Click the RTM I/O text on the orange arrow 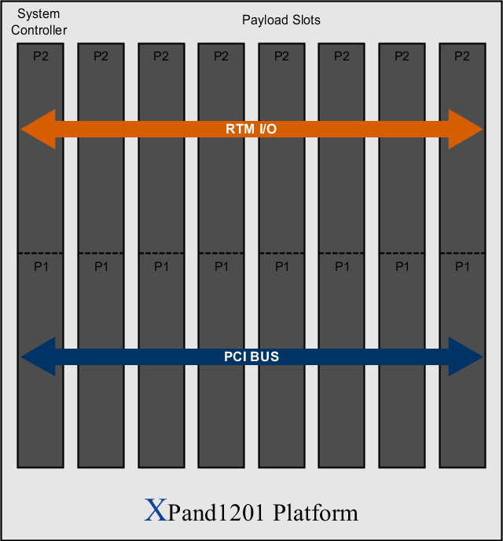tap(251, 129)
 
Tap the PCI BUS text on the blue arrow tap(251, 356)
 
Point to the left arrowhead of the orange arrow tap(38, 129)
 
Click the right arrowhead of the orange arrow tap(466, 129)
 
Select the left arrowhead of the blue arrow tap(38, 356)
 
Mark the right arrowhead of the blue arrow tap(466, 356)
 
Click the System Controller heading tap(39, 22)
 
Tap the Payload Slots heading tap(281, 20)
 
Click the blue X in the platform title tap(156, 510)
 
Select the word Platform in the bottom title tap(315, 513)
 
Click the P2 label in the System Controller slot tap(41, 56)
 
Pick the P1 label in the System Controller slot tap(42, 266)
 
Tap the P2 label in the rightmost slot tap(462, 56)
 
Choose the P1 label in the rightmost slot tap(463, 266)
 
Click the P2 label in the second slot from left tap(101, 56)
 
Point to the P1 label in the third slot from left tap(161, 266)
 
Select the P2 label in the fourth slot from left tap(221, 56)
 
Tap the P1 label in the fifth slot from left tap(282, 266)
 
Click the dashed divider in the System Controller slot tap(40, 254)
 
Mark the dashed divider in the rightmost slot tap(463, 254)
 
